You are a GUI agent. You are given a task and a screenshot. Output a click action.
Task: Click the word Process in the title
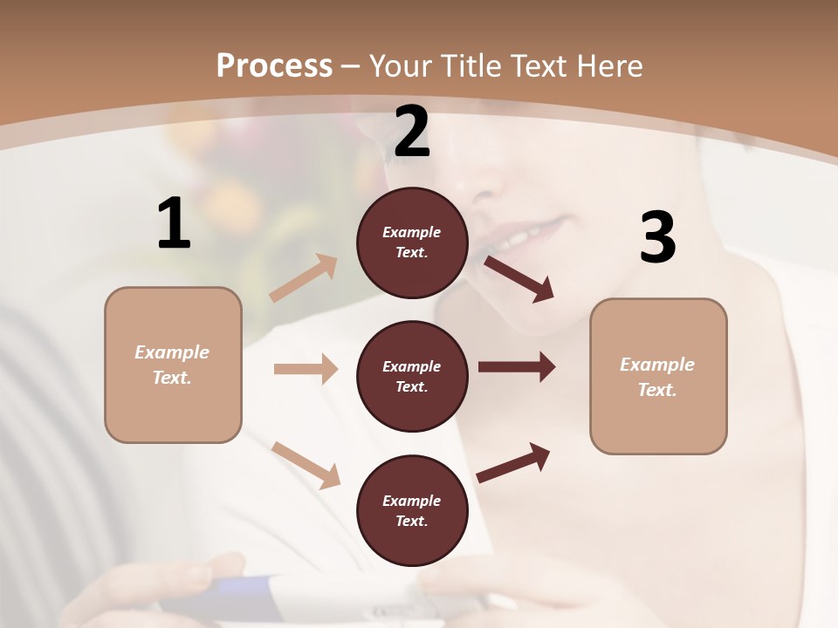pyautogui.click(x=274, y=65)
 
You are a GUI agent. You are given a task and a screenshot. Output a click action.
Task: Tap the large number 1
pyautogui.click(x=174, y=223)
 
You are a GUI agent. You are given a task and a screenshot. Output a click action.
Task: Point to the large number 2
pyautogui.click(x=412, y=132)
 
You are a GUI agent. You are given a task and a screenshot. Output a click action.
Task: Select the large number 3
pyautogui.click(x=657, y=238)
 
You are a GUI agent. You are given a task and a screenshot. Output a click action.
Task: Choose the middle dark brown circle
pyautogui.click(x=412, y=376)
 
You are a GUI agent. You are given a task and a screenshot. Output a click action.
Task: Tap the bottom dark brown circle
pyautogui.click(x=412, y=510)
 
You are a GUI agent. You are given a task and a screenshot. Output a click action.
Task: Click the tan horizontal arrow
pyautogui.click(x=306, y=369)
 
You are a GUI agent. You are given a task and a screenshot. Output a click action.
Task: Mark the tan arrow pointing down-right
pyautogui.click(x=306, y=464)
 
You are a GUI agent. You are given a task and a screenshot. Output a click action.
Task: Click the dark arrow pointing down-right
pyautogui.click(x=519, y=277)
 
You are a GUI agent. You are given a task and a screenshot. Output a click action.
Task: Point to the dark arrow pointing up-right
pyautogui.click(x=513, y=462)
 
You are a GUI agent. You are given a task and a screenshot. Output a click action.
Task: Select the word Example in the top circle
pyautogui.click(x=412, y=232)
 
